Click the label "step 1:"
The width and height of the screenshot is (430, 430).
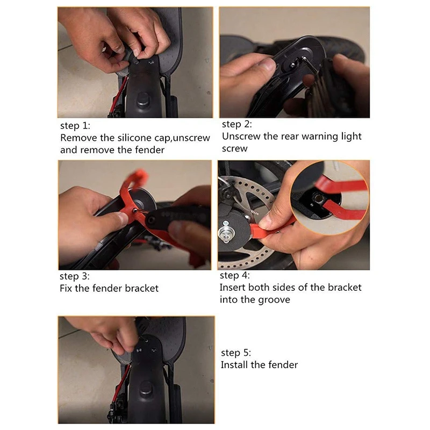75,126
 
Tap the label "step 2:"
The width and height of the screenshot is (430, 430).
237,124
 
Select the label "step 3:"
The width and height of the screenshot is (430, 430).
75,276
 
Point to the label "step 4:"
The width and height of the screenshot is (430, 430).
235,275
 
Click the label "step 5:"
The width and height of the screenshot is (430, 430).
236,353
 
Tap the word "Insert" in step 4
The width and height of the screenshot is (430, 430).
233,288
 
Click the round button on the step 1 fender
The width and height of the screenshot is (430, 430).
143,99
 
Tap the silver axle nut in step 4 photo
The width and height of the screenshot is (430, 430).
226,234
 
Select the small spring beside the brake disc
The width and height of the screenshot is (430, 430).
254,212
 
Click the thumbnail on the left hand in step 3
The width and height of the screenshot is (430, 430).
122,219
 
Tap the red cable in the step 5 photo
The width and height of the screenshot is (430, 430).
122,384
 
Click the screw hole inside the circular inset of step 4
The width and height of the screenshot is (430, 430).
318,198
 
